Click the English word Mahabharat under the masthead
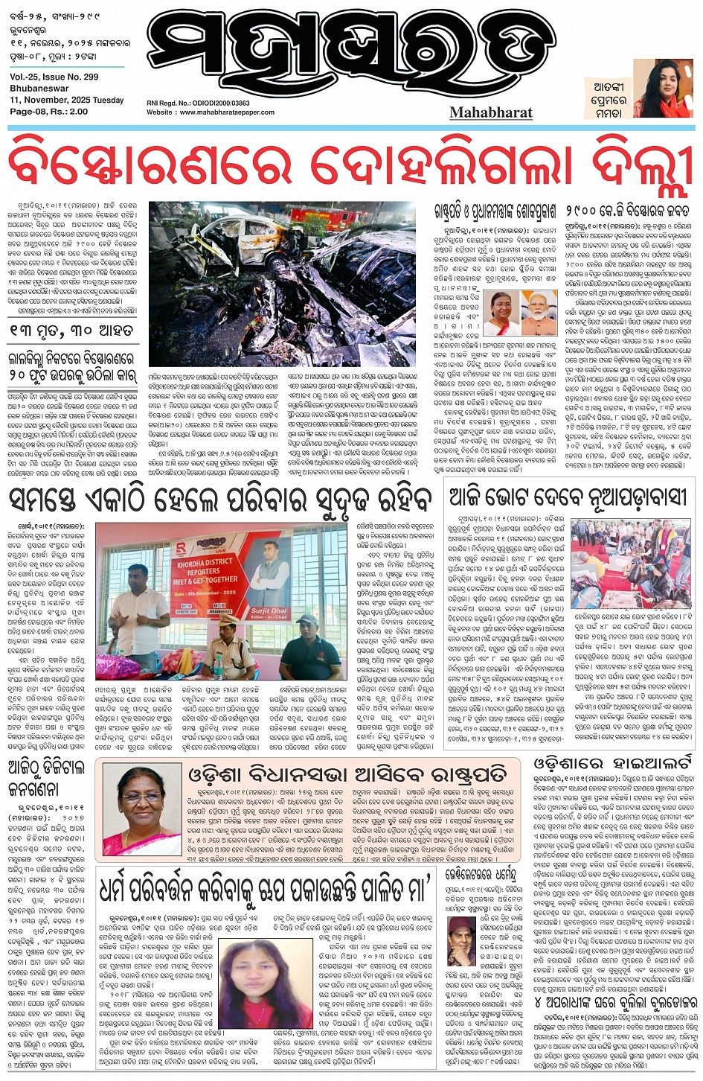pyautogui.click(x=490, y=112)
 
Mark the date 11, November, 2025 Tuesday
pyautogui.click(x=67, y=100)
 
